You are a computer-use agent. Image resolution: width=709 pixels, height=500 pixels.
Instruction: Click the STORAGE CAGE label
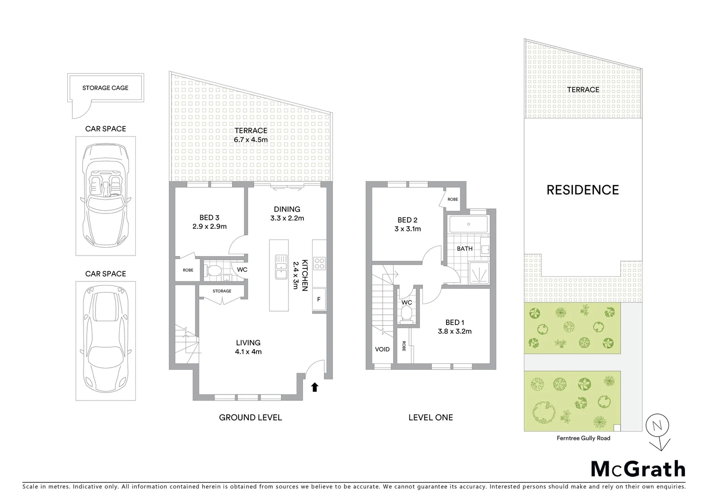105,88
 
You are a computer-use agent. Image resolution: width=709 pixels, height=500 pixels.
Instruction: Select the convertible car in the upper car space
106,196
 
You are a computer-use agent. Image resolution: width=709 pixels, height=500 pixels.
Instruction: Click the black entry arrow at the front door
315,387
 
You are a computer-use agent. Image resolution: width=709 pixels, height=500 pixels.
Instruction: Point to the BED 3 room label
209,218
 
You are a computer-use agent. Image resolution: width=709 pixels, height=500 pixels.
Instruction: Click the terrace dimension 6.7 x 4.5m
250,139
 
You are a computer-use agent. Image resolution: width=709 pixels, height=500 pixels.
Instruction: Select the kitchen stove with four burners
319,263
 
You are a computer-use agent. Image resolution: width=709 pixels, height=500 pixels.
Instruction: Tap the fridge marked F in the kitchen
319,299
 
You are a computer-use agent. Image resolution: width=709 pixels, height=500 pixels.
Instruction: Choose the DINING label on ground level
287,209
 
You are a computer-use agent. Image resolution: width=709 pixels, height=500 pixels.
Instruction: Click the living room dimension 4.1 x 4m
248,351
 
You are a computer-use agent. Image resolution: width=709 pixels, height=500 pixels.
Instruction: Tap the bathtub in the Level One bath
468,225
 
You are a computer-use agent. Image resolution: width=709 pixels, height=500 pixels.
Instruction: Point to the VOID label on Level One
383,349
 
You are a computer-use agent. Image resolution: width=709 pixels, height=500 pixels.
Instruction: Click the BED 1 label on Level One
454,323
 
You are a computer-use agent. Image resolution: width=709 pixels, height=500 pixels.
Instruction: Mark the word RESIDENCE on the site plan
582,190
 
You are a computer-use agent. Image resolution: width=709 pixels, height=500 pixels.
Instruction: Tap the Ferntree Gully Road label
583,438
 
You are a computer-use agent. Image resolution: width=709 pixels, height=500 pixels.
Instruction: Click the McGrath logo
638,469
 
